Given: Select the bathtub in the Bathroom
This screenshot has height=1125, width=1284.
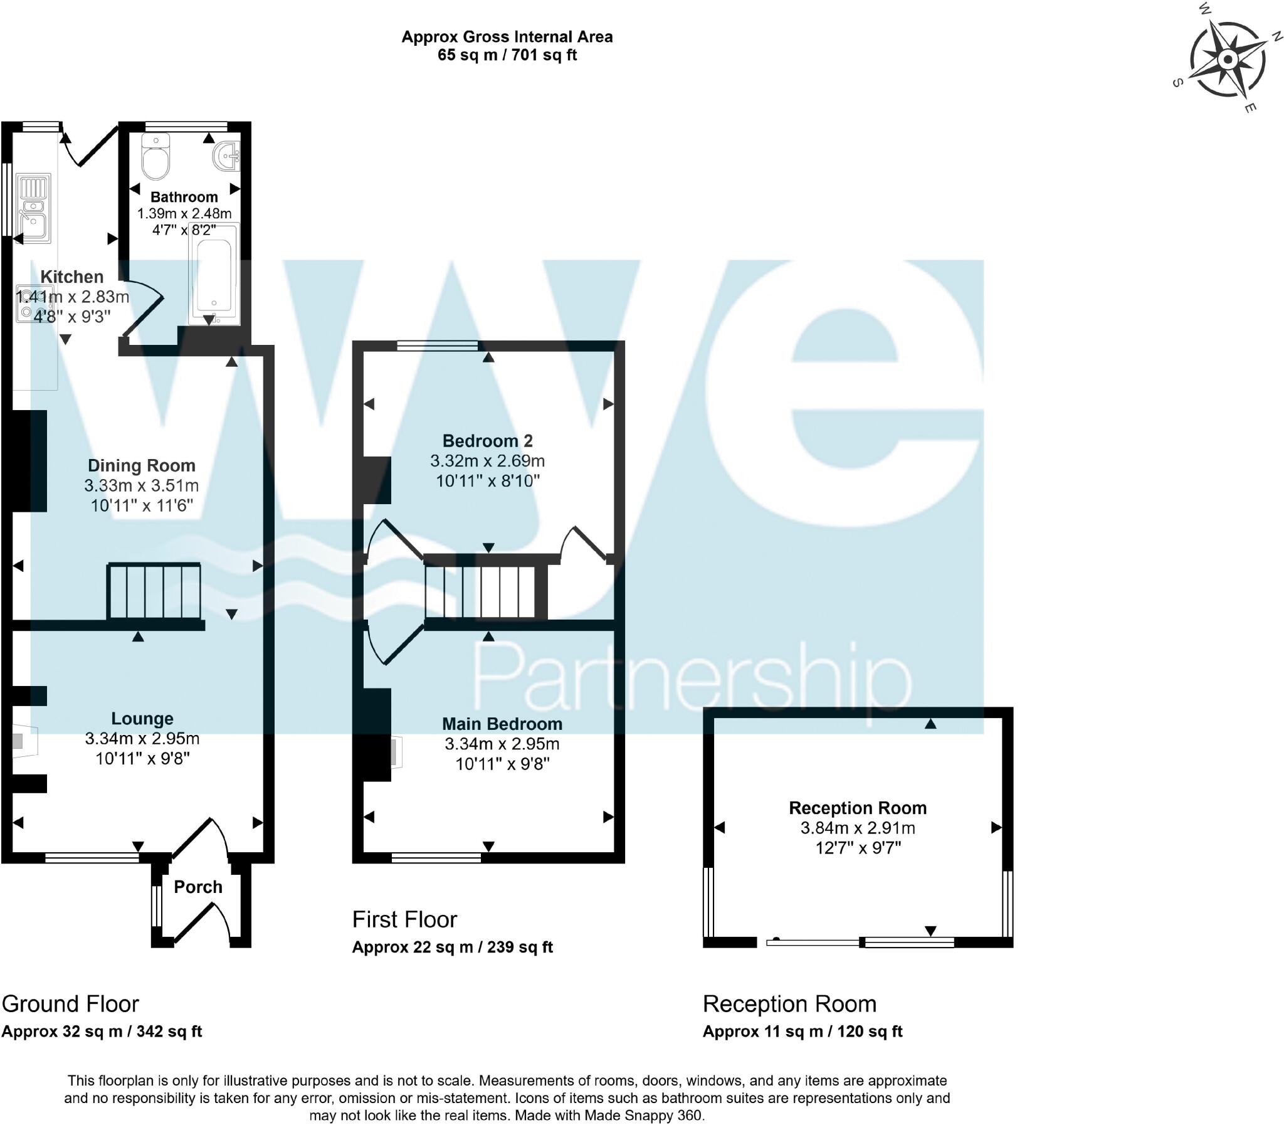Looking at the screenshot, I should [x=214, y=274].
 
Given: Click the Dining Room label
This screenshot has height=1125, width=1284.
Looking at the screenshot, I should [x=141, y=465].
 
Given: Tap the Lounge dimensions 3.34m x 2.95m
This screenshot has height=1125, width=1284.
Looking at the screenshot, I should [x=142, y=738].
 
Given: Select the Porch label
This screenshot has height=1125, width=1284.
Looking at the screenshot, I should [x=197, y=887].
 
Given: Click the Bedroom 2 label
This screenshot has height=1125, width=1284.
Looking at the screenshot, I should [x=488, y=441].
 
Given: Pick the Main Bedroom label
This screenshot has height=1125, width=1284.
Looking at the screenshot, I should [x=502, y=724].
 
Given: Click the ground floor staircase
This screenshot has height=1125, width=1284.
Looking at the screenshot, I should [x=154, y=591].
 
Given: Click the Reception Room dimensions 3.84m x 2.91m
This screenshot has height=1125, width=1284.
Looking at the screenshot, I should [x=857, y=827].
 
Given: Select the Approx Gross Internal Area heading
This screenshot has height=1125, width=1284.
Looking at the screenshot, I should [x=507, y=37].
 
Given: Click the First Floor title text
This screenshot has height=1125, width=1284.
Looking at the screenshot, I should [x=404, y=919].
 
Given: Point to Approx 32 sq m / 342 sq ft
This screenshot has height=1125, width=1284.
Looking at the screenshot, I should [x=102, y=1031].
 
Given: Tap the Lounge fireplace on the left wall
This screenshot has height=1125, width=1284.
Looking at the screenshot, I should [x=25, y=741].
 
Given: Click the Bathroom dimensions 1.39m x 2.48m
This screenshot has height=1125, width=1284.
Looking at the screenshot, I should [x=184, y=213].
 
